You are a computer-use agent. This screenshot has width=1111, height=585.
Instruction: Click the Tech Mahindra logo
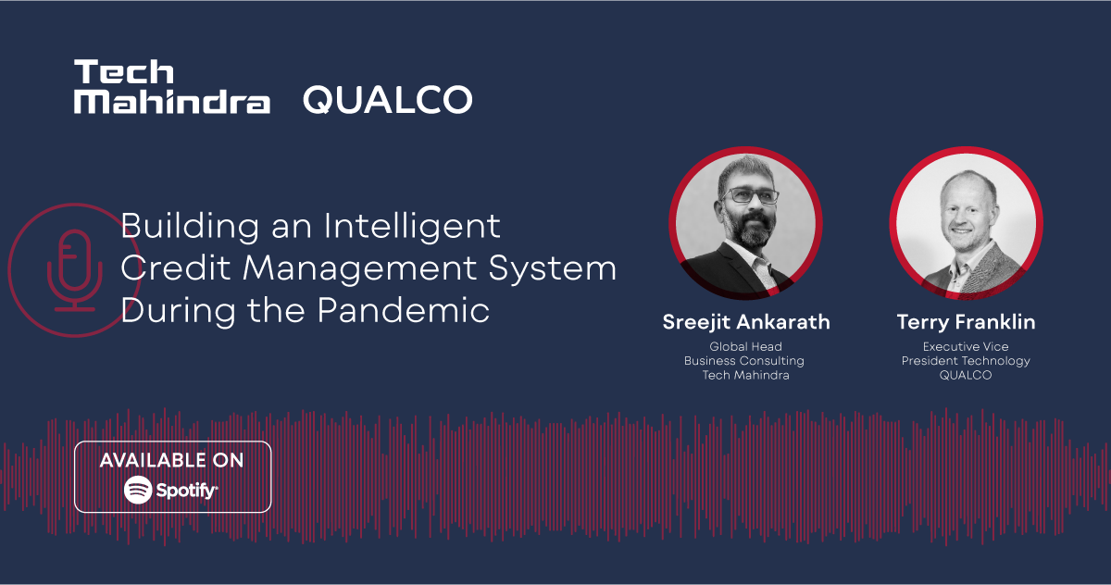(x=172, y=87)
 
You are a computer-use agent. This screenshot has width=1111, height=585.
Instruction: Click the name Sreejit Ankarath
(x=746, y=322)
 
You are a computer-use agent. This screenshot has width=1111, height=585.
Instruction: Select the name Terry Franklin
(x=966, y=322)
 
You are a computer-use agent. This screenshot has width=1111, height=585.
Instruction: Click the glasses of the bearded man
(x=751, y=196)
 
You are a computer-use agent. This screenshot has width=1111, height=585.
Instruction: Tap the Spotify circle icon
(x=138, y=489)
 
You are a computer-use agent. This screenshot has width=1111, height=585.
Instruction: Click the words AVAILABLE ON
(x=172, y=460)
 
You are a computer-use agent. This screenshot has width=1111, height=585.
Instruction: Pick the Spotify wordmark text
(x=187, y=490)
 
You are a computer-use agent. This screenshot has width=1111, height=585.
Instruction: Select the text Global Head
(x=745, y=347)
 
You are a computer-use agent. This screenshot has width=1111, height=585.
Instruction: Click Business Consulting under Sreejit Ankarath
(x=744, y=361)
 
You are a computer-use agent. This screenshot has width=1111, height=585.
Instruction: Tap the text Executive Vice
(x=966, y=347)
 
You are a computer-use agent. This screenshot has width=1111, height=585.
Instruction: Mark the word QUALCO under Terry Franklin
(x=966, y=375)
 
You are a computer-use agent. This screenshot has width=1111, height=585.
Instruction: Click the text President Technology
(x=966, y=361)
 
